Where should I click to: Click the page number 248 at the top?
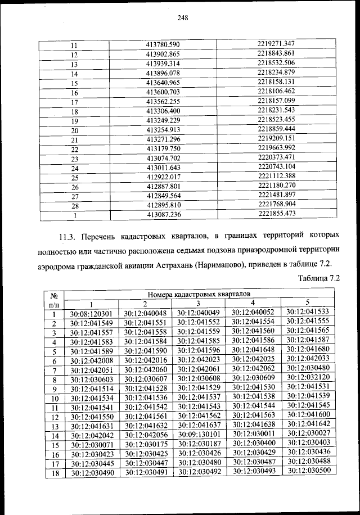coord(181,17)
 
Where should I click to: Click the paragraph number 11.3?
coord(76,234)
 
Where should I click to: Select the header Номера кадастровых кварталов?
coord(199,294)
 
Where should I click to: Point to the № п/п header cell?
coord(55,299)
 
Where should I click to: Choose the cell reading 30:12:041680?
coord(307,350)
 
